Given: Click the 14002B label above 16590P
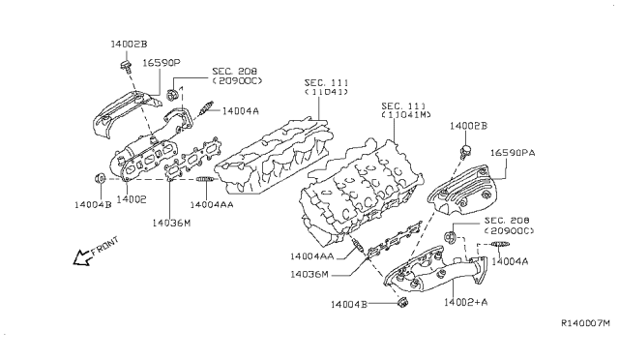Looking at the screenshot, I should point(128,45).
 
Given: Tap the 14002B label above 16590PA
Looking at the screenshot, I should point(469,127).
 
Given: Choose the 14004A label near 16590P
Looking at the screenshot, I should point(240,110).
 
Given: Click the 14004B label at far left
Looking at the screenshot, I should point(93,205).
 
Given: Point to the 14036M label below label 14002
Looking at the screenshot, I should point(170,222).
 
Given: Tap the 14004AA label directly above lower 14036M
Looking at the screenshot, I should point(311,256).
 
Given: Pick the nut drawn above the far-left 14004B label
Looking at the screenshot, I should point(99,179).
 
